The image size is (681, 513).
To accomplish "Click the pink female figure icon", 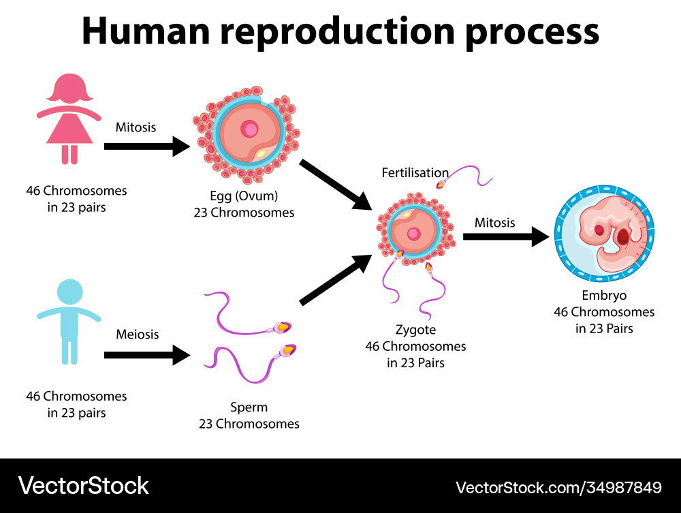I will coord(69,119).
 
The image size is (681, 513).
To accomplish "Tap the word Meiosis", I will coord(137,335).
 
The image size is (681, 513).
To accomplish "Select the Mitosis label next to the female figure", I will coord(136,127).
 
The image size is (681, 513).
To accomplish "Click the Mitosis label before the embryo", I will coord(495,223).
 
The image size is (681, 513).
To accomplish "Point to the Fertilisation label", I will coord(415,173).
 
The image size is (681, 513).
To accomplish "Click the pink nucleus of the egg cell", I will coord(251,128).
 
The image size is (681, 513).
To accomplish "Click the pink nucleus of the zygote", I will coord(413,234).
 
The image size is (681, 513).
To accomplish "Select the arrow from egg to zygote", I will coord(335,184).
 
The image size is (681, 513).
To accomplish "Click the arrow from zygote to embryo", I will coord(505,237).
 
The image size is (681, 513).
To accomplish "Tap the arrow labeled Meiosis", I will coord(146,354).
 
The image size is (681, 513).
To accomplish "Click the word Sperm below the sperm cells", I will coord(249,407).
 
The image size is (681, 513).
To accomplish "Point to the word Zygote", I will coord(415,330).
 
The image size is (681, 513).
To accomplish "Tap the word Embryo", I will coord(604,296).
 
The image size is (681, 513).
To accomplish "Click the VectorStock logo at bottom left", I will coord(83,486).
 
